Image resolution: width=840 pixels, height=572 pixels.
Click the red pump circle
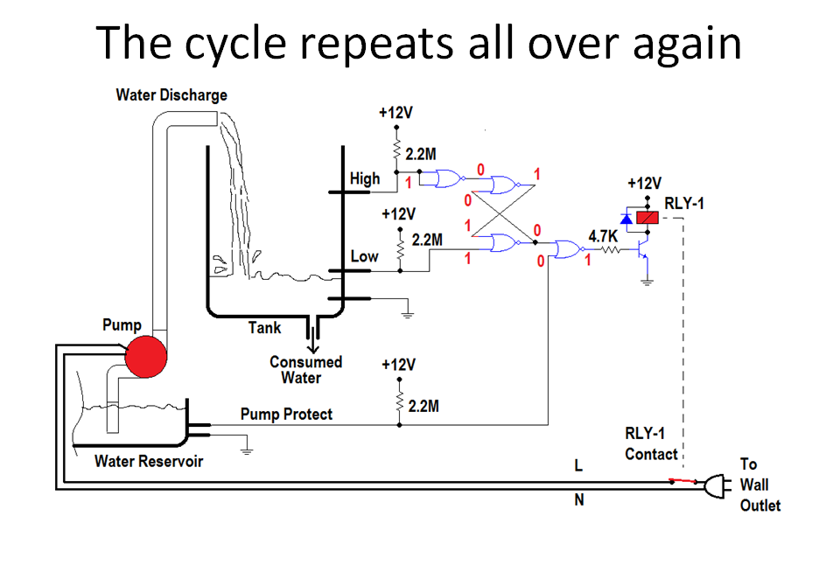pos(145,357)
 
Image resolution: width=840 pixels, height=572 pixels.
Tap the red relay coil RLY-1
pos(647,217)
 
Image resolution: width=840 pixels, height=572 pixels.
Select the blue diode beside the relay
pos(626,218)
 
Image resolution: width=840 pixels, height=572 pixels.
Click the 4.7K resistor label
pos(605,236)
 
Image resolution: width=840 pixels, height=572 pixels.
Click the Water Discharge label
pos(171,94)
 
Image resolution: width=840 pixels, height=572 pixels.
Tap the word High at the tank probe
pos(365,178)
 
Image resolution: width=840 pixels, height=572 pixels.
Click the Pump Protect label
pos(286,414)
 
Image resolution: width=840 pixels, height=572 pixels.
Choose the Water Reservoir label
pos(148,461)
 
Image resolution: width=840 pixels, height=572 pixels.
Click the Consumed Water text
pos(305,370)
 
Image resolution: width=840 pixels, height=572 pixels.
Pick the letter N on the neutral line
pos(578,500)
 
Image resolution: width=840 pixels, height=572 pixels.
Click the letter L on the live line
pos(578,467)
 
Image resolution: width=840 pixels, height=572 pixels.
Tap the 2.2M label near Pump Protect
pos(423,407)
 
